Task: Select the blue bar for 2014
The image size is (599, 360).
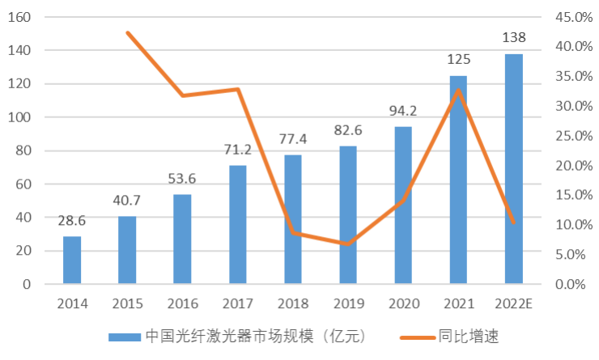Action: point(72,260)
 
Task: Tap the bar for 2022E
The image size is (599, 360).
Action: point(514,169)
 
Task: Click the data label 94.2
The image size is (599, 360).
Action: point(403,111)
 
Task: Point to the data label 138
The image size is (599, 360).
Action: point(514,37)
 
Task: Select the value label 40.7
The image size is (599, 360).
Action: point(127,201)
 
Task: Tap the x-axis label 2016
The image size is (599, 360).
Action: point(183,304)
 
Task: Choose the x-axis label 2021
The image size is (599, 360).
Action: point(459,304)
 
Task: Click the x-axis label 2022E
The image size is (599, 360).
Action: point(515,304)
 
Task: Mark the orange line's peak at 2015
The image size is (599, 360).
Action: point(128,32)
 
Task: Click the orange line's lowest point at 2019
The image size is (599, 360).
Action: point(348,244)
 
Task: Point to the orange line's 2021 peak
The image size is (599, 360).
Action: point(459,90)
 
